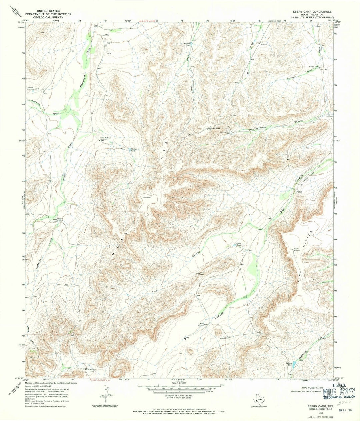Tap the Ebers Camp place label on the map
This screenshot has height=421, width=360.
(x=300, y=192)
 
